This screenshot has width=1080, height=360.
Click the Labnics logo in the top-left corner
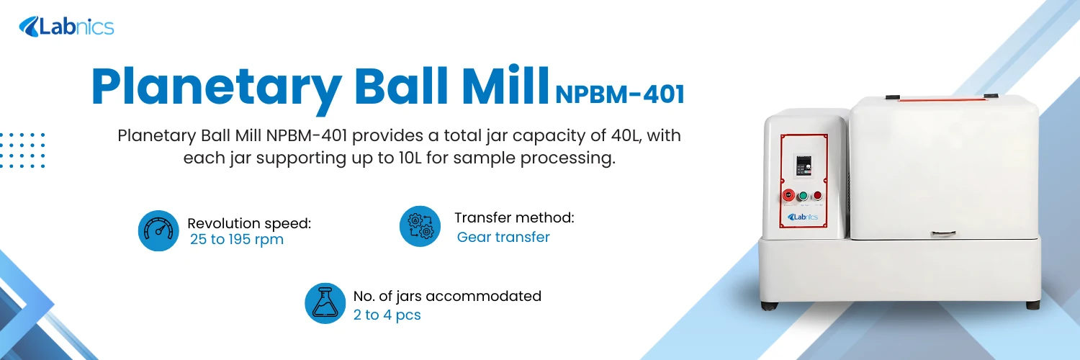click(x=66, y=27)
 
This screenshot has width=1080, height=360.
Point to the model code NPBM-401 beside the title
click(x=619, y=94)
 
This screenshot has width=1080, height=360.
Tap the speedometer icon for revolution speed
click(x=158, y=230)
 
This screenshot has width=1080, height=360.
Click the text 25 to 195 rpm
click(x=237, y=240)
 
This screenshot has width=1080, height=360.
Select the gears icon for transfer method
click(x=420, y=226)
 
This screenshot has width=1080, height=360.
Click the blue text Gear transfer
click(x=503, y=237)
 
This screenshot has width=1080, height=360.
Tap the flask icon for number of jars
click(x=325, y=303)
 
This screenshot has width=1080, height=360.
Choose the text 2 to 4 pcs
click(x=387, y=315)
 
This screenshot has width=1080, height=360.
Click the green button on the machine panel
click(x=803, y=195)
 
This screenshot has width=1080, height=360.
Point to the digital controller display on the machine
click(x=803, y=166)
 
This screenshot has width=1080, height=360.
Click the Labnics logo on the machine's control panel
click(x=803, y=217)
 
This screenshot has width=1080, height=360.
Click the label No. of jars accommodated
click(x=447, y=296)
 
